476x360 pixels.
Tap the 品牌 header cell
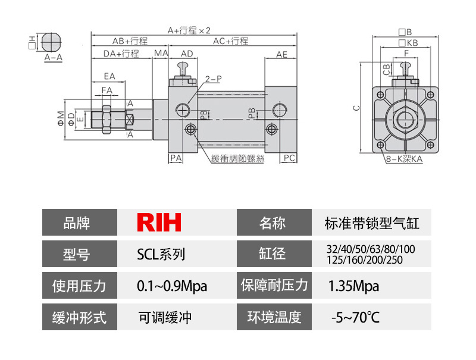click(80, 223)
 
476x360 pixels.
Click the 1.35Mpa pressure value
click(353, 286)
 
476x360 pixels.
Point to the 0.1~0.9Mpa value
click(172, 286)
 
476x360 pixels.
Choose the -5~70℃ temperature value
click(355, 317)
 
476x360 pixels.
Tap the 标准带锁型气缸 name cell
click(372, 223)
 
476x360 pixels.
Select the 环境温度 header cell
click(274, 317)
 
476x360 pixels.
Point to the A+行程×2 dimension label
click(189, 30)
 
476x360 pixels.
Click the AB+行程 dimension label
click(130, 42)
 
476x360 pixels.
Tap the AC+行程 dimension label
click(230, 42)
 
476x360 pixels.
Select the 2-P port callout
click(213, 79)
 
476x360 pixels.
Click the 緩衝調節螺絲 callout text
click(236, 158)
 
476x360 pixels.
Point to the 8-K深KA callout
click(404, 159)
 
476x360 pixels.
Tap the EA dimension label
click(109, 76)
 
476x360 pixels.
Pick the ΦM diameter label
click(60, 115)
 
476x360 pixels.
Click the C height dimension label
click(356, 108)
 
